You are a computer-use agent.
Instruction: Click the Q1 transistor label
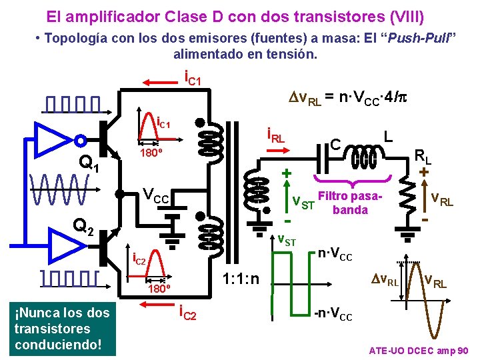coord(88,162)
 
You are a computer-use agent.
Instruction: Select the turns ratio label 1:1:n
coord(241,276)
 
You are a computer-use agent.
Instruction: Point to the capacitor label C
coord(336,143)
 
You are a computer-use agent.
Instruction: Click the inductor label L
coord(387,135)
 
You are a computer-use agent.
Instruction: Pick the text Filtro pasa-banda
coord(350,204)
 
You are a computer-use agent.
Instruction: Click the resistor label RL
coord(423,157)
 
